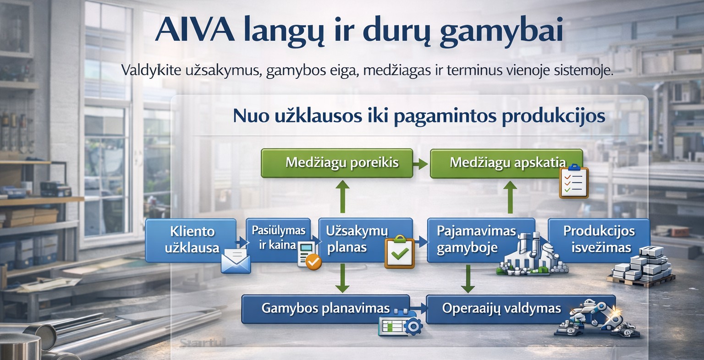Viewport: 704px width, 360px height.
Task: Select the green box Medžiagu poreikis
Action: click(337, 164)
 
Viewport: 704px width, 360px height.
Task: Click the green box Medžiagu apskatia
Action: click(506, 164)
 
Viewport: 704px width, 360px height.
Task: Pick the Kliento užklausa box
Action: click(191, 240)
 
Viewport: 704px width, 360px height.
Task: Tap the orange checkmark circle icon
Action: click(313, 262)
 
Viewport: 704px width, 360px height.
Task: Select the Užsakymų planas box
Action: click(365, 240)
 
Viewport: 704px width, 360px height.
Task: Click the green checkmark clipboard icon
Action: click(400, 252)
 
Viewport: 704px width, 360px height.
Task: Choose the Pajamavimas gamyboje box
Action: click(481, 240)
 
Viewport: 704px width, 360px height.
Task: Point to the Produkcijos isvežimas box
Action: click(599, 240)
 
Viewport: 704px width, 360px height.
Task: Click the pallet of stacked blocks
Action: click(641, 267)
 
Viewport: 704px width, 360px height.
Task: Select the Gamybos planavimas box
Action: click(325, 309)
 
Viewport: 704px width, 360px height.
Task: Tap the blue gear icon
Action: click(413, 326)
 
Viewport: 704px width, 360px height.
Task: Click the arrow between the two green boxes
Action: click(421, 164)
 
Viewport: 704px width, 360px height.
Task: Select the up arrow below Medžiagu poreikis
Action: click(342, 196)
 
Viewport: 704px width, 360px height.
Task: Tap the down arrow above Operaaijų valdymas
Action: click(468, 279)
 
